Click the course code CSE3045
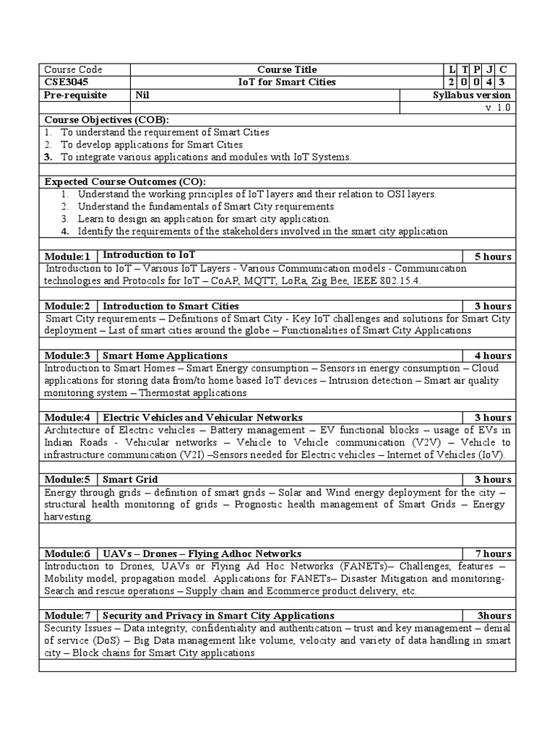pyautogui.click(x=64, y=82)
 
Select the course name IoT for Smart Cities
pyautogui.click(x=287, y=82)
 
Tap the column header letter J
pyautogui.click(x=490, y=70)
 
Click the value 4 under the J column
pyautogui.click(x=490, y=82)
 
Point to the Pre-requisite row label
pyautogui.click(x=75, y=95)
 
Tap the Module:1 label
pyautogui.click(x=67, y=257)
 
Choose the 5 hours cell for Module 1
pyautogui.click(x=492, y=257)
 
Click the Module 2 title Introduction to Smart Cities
pyautogui.click(x=171, y=306)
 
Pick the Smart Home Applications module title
pyautogui.click(x=165, y=356)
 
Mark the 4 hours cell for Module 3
pyautogui.click(x=492, y=356)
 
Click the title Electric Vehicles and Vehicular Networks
pyautogui.click(x=203, y=418)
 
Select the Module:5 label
pyautogui.click(x=67, y=479)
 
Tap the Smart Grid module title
pyautogui.click(x=130, y=479)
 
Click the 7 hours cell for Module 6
pyautogui.click(x=492, y=554)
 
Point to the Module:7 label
pyautogui.click(x=67, y=616)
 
